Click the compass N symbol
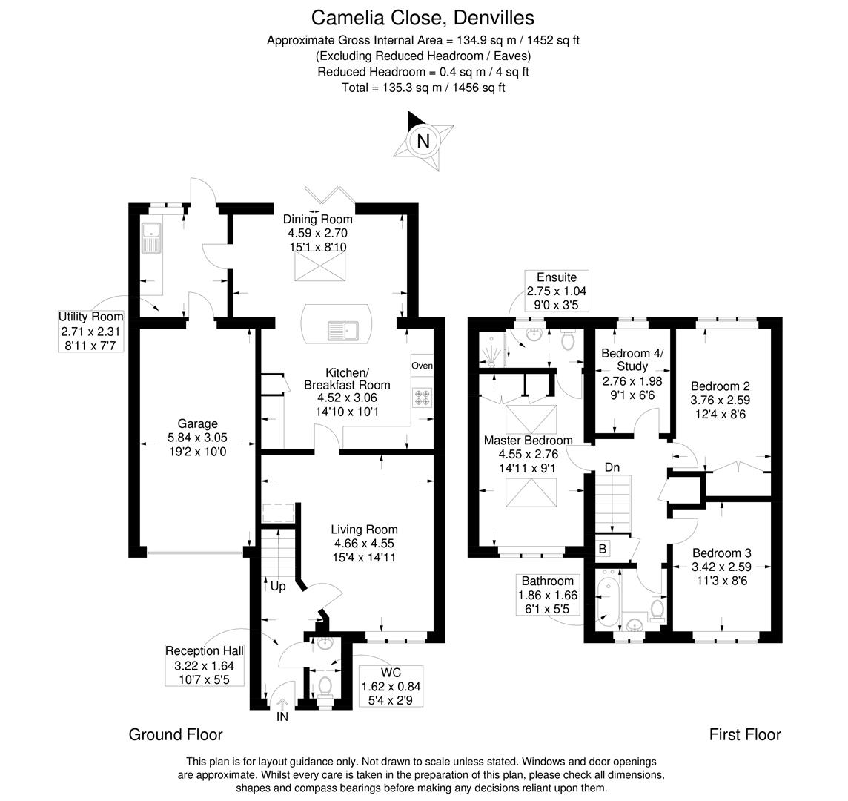click(423, 141)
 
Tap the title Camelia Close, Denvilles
click(423, 17)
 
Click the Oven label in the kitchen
click(422, 366)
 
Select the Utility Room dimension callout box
click(91, 331)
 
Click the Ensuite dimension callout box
click(557, 290)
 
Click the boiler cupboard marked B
click(603, 549)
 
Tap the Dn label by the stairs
click(612, 467)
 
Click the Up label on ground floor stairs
click(277, 586)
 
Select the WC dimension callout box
click(389, 685)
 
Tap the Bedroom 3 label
click(721, 553)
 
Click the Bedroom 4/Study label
click(632, 360)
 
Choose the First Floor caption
click(744, 734)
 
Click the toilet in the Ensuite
click(569, 340)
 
